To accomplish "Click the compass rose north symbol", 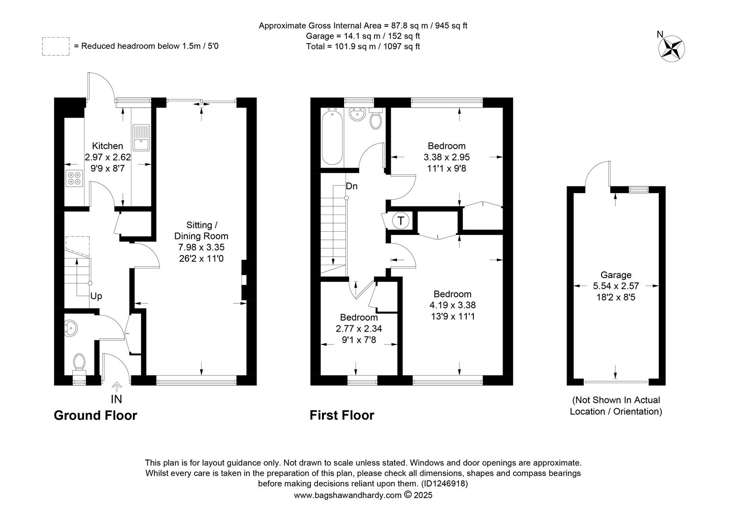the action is (x=671, y=49).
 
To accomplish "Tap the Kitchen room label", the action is (x=107, y=146).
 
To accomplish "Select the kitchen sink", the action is (x=141, y=138).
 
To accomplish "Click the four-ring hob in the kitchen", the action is (x=75, y=178).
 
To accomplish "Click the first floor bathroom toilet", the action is (x=376, y=118).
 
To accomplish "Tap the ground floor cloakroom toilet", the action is (x=79, y=365).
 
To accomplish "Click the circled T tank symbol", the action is (x=400, y=221).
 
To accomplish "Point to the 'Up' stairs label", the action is (x=96, y=296).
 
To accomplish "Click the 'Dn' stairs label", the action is (x=352, y=186).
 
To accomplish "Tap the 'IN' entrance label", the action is (x=117, y=399).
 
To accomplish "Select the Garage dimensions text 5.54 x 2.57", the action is (x=616, y=286).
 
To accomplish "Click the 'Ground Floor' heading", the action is (x=96, y=415).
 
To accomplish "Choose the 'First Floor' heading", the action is (x=342, y=415).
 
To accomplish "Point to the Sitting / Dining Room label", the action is (x=202, y=230).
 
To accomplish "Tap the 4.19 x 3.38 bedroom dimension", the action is (x=452, y=305).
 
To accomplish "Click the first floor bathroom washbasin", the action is (x=357, y=114).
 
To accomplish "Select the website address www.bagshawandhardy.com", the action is (x=348, y=495).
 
